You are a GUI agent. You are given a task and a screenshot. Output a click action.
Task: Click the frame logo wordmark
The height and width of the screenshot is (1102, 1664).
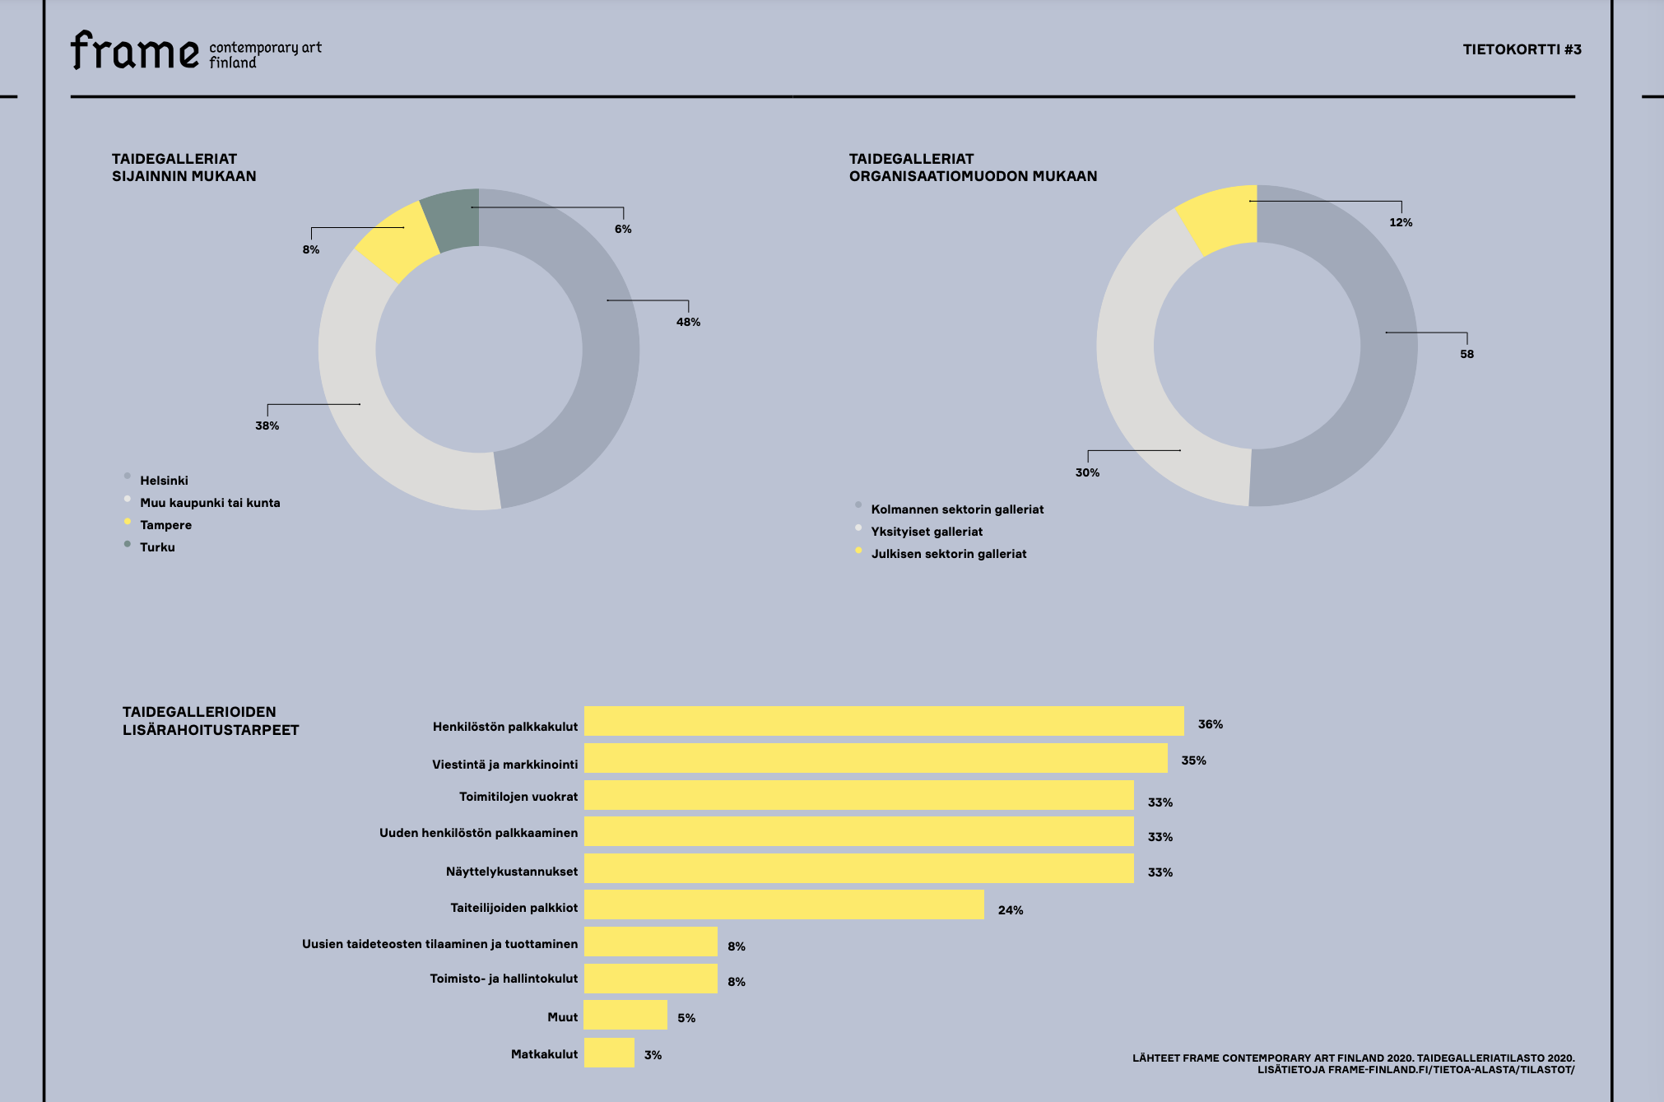[135, 51]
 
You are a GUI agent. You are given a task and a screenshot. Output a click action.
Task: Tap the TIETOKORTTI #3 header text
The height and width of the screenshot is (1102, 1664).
[1522, 49]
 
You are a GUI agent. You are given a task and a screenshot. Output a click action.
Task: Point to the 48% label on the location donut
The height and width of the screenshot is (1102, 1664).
[688, 322]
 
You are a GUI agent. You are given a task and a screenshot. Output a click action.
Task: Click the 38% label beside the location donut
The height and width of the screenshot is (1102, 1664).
[267, 425]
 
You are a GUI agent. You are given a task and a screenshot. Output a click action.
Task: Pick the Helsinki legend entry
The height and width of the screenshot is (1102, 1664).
[164, 481]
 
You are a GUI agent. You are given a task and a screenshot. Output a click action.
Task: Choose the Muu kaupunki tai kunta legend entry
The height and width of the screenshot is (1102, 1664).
[210, 503]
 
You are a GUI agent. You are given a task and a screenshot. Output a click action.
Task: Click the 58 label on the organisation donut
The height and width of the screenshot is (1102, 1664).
[1466, 354]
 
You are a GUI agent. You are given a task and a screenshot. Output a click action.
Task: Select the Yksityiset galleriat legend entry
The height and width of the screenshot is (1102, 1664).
[927, 532]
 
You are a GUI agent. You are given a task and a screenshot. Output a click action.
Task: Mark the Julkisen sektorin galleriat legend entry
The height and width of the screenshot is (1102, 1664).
[949, 554]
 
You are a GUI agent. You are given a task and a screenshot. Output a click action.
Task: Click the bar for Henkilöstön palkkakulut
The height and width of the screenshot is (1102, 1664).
[884, 721]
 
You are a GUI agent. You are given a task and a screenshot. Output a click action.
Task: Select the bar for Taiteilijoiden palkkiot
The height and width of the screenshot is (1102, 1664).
[783, 904]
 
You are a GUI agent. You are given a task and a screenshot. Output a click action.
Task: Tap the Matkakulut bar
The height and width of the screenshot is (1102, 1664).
[609, 1053]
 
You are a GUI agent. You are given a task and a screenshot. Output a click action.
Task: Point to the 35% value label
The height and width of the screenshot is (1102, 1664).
[1193, 760]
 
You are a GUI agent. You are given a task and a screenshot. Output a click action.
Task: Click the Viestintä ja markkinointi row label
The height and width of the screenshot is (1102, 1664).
[504, 765]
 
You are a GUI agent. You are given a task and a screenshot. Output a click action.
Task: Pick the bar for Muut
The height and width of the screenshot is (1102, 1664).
[625, 1015]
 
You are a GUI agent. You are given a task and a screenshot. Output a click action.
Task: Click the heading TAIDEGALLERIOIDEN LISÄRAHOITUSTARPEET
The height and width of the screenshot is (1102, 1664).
[211, 721]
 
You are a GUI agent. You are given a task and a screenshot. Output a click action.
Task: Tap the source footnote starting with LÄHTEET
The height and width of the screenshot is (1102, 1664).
[1353, 1063]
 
